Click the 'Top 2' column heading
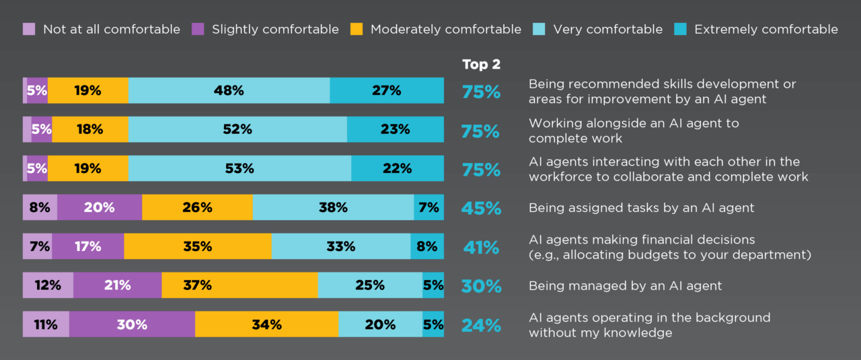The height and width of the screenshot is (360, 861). pos(481,65)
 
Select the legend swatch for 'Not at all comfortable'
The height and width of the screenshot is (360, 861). pos(29,29)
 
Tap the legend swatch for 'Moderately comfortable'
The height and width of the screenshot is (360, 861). pos(357,29)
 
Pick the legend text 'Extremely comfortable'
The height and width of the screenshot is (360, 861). pos(766,29)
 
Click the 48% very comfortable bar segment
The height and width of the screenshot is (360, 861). pos(229,90)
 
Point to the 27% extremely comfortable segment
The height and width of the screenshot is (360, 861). pos(387,90)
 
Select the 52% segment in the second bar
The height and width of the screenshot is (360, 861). pos(237,129)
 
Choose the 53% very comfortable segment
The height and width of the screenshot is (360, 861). pos(239,168)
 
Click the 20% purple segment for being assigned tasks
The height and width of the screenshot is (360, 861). pos(100,207)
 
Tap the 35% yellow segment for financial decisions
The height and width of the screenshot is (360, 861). pos(198,246)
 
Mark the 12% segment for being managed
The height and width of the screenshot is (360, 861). pos(48,285)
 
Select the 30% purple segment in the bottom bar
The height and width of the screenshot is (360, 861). pos(132,324)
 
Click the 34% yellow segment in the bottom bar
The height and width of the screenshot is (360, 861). pos(266,324)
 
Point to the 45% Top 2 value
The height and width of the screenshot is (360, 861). pos(481,209)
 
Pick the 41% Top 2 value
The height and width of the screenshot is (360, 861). pos(481,248)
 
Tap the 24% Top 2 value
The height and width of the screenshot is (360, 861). pos(481,326)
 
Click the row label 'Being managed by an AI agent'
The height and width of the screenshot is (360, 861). pos(625,285)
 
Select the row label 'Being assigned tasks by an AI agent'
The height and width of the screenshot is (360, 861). pos(641,207)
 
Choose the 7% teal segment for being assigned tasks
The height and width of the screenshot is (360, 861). pos(428,207)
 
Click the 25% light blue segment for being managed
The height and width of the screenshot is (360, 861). pos(370,285)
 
